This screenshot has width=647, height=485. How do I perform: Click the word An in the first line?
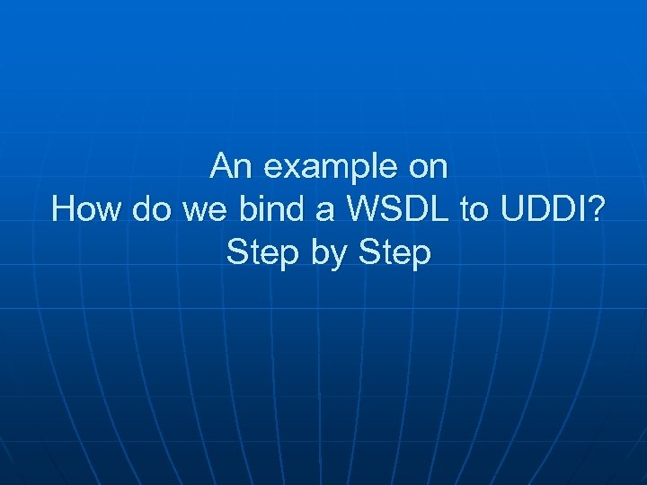(226, 166)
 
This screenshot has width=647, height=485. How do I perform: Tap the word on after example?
(429, 168)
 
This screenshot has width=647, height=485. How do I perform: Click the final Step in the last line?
(394, 253)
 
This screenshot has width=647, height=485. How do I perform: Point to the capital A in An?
(219, 166)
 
